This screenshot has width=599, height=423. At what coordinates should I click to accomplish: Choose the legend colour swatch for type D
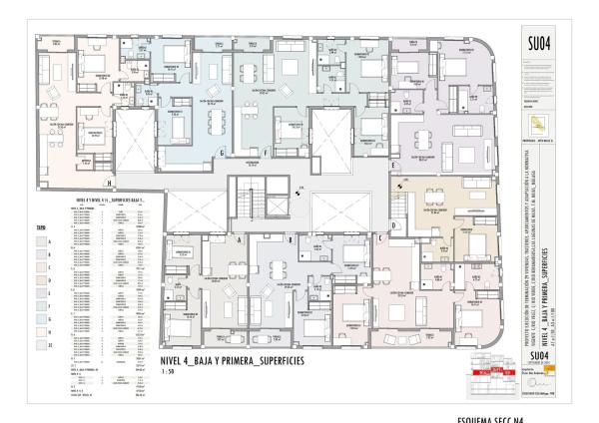coord(47,282)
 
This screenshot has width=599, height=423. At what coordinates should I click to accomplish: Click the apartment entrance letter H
coord(108,183)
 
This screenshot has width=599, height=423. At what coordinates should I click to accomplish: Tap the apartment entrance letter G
coord(222,152)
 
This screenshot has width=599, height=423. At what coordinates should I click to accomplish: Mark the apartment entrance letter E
coord(394,163)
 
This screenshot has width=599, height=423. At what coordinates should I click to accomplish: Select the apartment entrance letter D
coord(394,225)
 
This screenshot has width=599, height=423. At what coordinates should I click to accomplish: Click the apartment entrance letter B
coord(290,240)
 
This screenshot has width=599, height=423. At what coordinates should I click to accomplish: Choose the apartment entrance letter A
coord(242,240)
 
